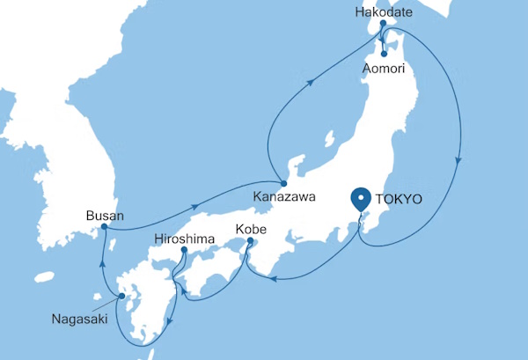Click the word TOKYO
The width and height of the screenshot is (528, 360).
399,200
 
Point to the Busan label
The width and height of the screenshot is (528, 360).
105,214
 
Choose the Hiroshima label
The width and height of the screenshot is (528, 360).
184,238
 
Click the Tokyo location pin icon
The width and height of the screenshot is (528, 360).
360,201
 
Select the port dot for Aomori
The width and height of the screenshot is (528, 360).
384,54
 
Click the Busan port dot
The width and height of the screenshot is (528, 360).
104,227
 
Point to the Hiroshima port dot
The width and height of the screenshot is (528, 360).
184,251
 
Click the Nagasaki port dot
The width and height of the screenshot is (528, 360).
121,297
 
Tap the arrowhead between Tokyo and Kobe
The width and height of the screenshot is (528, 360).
274,280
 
